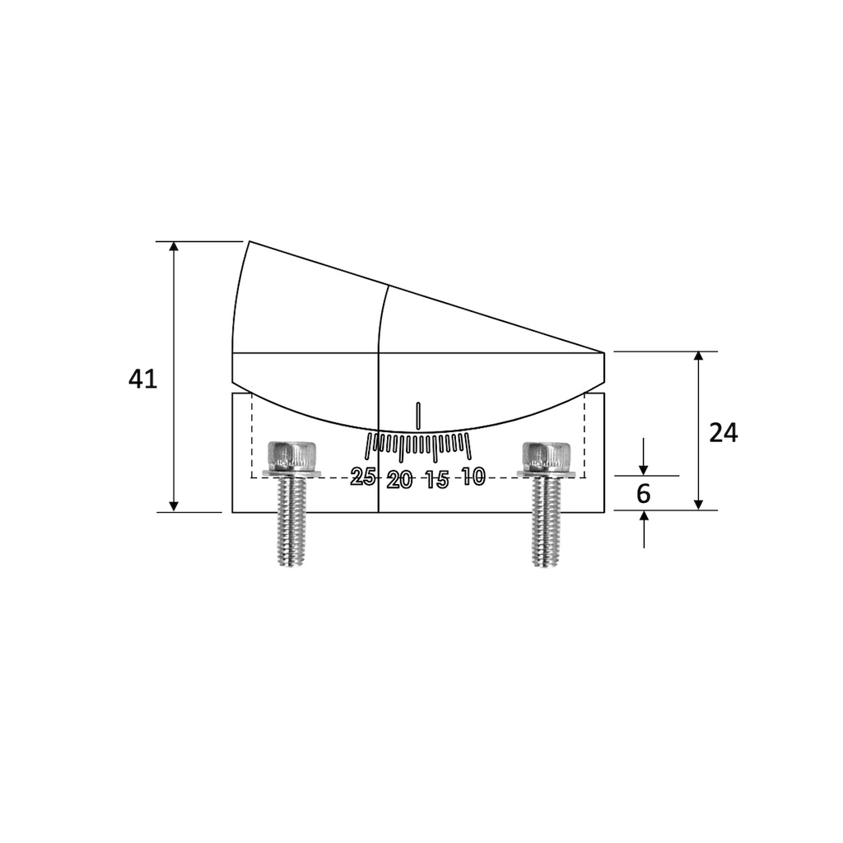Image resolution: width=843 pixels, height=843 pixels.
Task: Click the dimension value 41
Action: click(x=142, y=380)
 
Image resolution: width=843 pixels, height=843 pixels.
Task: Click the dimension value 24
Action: click(x=724, y=433)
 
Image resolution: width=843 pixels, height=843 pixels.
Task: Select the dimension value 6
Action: click(x=644, y=494)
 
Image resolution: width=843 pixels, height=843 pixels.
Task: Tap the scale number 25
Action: click(x=363, y=476)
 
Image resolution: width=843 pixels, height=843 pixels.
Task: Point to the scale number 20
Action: click(x=400, y=480)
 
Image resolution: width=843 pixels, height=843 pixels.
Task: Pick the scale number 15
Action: click(x=436, y=480)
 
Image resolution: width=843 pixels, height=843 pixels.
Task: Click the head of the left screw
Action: click(x=293, y=454)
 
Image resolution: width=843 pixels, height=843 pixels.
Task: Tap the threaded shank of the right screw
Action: click(x=547, y=523)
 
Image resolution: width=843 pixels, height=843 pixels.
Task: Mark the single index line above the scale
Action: click(x=419, y=416)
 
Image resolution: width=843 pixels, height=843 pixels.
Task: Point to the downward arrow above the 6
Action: click(x=644, y=468)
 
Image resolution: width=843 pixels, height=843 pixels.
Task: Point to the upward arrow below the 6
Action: click(x=644, y=517)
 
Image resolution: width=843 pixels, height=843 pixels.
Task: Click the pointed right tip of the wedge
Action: click(x=603, y=353)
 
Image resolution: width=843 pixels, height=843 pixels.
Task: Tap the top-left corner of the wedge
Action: click(x=249, y=242)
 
